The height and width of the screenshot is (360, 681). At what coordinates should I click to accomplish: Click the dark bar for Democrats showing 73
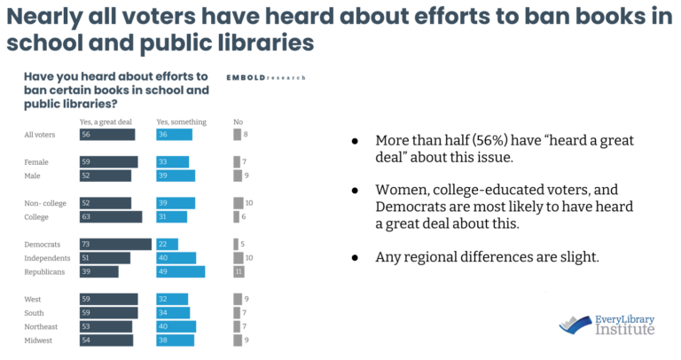click(x=114, y=244)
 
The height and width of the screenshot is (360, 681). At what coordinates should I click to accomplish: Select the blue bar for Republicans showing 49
click(x=180, y=271)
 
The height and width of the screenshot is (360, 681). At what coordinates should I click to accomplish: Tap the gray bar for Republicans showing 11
click(x=239, y=271)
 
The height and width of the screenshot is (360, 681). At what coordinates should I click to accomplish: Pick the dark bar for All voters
click(x=106, y=135)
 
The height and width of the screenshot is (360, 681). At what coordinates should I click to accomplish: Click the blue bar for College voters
click(x=171, y=216)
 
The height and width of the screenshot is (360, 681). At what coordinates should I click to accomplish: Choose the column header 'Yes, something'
click(x=181, y=121)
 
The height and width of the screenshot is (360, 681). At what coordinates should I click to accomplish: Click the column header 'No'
click(x=238, y=121)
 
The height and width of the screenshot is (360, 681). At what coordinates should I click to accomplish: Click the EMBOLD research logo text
click(x=265, y=77)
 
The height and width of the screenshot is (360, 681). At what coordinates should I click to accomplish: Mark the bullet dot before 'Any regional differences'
click(x=356, y=257)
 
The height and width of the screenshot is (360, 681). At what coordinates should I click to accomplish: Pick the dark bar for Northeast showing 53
click(x=106, y=326)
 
